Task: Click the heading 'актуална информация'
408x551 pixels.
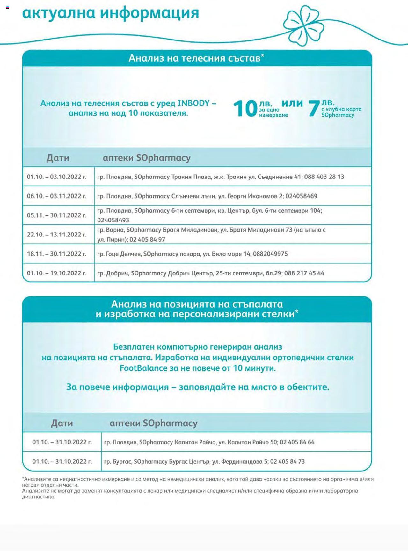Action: [111, 13]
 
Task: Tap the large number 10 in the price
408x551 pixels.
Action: [245, 109]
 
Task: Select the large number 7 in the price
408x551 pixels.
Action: [314, 109]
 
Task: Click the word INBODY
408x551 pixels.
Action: [194, 103]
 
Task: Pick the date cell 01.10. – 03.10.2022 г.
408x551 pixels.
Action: [56, 177]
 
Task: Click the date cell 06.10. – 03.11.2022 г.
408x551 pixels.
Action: [56, 196]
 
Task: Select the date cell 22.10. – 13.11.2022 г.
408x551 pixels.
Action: [56, 235]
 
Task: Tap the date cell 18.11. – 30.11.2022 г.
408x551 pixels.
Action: [56, 254]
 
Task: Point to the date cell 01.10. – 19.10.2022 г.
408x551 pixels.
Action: [56, 273]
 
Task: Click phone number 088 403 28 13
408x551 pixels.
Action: [324, 177]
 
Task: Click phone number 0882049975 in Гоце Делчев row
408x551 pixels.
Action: [270, 254]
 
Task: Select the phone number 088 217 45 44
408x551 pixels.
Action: [304, 273]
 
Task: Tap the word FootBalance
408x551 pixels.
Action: [143, 368]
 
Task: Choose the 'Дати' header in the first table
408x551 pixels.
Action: [58, 158]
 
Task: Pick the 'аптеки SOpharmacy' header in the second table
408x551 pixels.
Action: [153, 423]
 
